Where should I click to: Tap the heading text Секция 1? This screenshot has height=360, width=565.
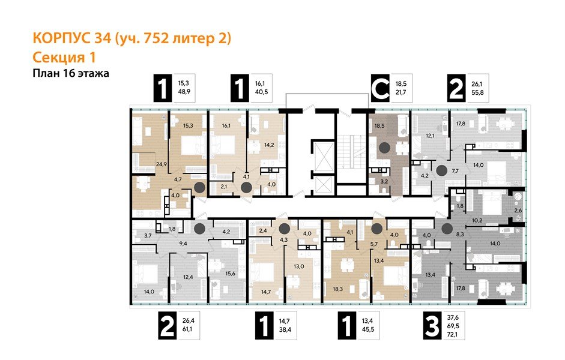tap(64, 57)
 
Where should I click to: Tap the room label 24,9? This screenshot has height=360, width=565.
tap(144, 163)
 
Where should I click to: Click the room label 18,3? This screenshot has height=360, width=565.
tap(339, 289)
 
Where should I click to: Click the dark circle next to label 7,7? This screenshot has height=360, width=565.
tap(441, 170)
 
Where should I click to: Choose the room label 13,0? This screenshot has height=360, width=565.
tap(298, 266)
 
